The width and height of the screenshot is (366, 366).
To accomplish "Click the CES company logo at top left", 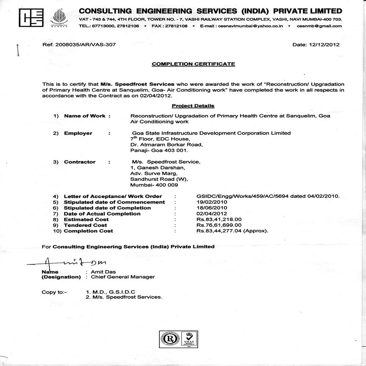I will pyautogui.click(x=31, y=17).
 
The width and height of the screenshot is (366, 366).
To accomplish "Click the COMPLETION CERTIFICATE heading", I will pyautogui.click(x=193, y=64).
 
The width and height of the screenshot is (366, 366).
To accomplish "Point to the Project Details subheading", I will pyautogui.click(x=193, y=106).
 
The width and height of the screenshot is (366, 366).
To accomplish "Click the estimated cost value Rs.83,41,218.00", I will pyautogui.click(x=219, y=220).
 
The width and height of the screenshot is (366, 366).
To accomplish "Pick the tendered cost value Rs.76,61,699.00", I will pyautogui.click(x=219, y=225).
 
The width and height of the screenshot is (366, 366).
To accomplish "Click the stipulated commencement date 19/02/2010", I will pyautogui.click(x=212, y=202).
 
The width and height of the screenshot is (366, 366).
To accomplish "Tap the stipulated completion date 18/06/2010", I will pyautogui.click(x=212, y=208).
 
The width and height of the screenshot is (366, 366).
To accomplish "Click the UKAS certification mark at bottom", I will pyautogui.click(x=189, y=339).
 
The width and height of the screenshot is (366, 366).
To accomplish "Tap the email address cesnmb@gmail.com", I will pyautogui.click(x=319, y=26).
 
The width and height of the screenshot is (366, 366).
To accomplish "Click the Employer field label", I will pyautogui.click(x=78, y=133).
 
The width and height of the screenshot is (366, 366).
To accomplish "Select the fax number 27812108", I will pyautogui.click(x=176, y=26).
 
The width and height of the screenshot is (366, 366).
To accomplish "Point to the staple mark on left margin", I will pyautogui.click(x=17, y=50).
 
